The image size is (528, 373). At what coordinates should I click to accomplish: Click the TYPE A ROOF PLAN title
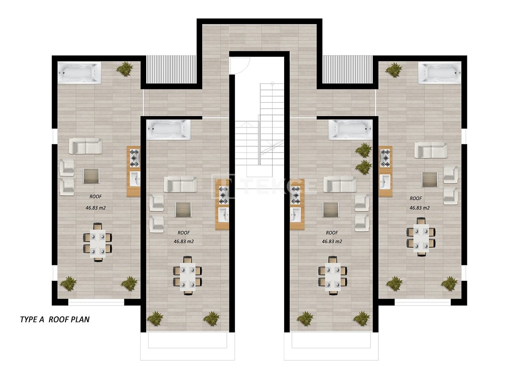(x=55, y=320)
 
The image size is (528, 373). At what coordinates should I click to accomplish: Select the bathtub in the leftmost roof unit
(x=80, y=73)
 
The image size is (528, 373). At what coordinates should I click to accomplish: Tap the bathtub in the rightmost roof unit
(x=440, y=73)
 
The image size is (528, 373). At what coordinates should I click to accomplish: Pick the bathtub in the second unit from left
(x=168, y=129)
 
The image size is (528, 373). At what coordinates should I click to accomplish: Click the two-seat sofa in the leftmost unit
(x=85, y=146)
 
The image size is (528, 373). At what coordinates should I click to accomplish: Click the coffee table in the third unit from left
(x=330, y=210)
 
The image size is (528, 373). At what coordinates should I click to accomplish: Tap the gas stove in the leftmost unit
(x=134, y=158)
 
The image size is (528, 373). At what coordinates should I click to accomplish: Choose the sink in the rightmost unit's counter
(x=385, y=182)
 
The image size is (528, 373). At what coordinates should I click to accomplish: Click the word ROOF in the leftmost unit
(x=95, y=197)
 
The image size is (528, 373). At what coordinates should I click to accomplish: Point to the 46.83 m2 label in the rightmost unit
(x=419, y=208)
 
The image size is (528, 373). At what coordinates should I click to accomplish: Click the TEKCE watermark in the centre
(x=264, y=186)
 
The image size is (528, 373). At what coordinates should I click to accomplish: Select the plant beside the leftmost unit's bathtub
(x=124, y=69)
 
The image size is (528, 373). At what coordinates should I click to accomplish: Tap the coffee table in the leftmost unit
(x=91, y=176)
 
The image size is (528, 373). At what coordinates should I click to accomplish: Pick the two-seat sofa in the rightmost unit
(x=431, y=150)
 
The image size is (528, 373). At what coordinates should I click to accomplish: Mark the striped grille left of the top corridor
(x=171, y=69)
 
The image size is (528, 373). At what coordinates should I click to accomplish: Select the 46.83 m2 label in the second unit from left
(x=184, y=241)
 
